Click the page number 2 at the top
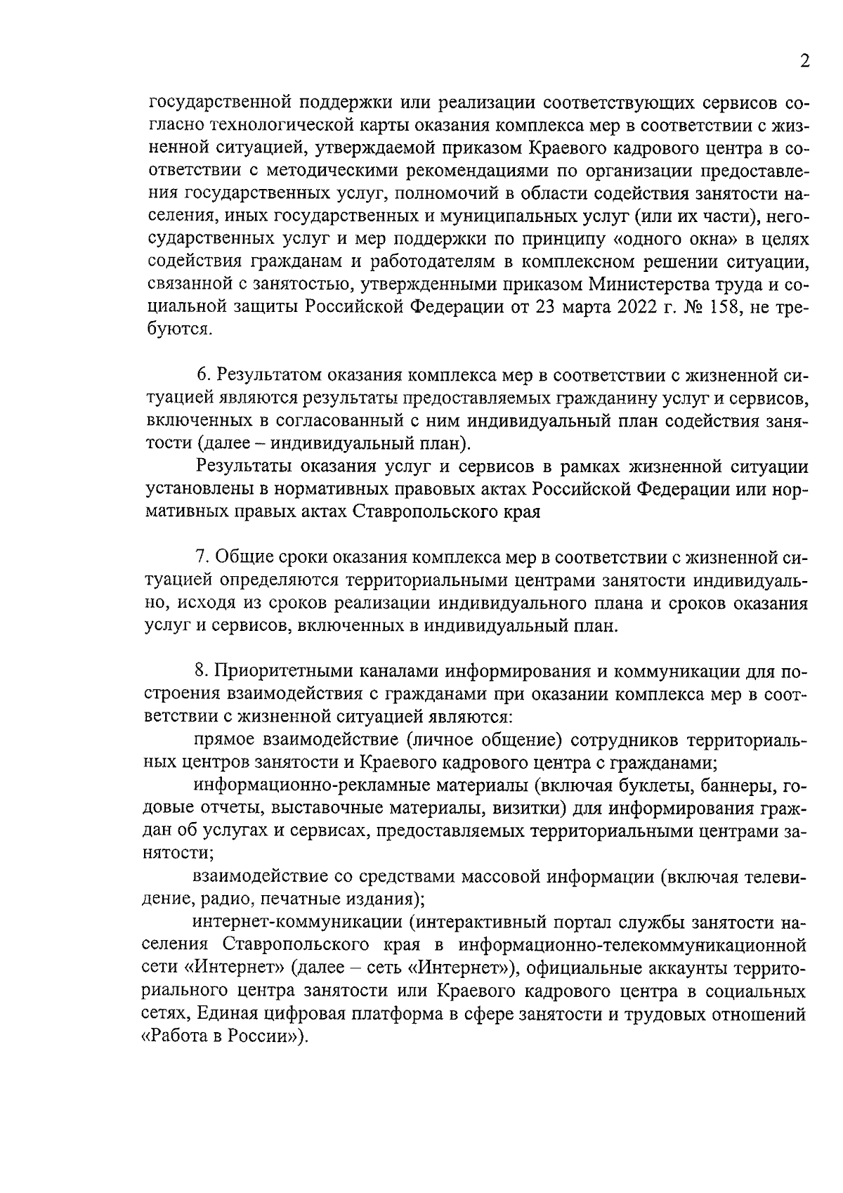pyautogui.click(x=804, y=60)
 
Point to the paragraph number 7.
pyautogui.click(x=200, y=557)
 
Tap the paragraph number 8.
pyautogui.click(x=200, y=672)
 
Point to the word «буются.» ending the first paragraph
pyautogui.click(x=180, y=330)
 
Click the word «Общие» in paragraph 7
pyautogui.click(x=241, y=557)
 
